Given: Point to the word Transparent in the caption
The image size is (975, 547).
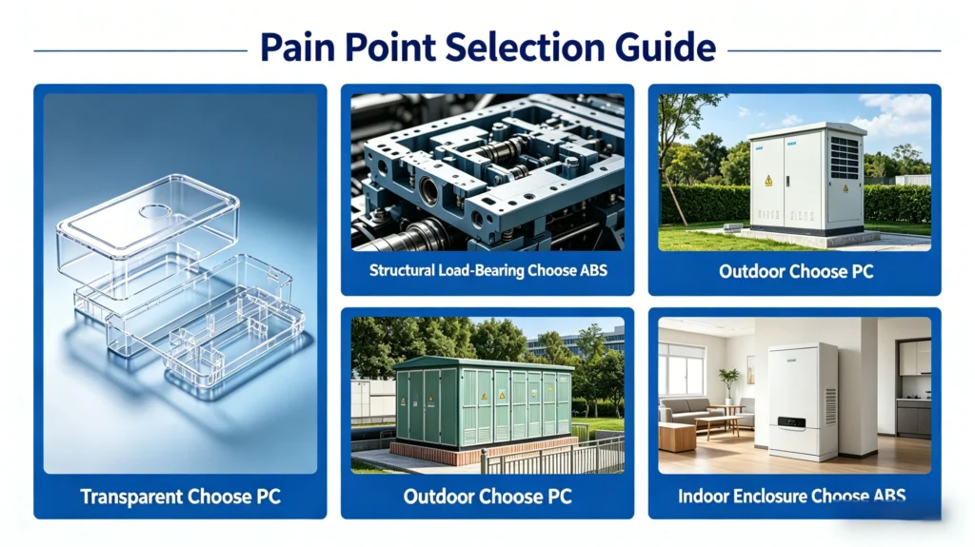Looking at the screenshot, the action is click(130, 497).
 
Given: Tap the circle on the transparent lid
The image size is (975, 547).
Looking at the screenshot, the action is click(155, 212).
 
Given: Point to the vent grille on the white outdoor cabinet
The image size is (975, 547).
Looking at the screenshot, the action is click(846, 158).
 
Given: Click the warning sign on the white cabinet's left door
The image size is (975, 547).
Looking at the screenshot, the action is click(768, 181).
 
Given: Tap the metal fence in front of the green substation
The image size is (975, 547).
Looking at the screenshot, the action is click(552, 456).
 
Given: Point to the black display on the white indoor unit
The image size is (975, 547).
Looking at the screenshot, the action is click(791, 422).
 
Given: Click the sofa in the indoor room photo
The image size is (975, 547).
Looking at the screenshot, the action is click(684, 410).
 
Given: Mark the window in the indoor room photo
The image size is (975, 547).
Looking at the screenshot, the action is click(681, 367).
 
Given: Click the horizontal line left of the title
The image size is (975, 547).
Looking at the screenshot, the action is click(141, 50).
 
